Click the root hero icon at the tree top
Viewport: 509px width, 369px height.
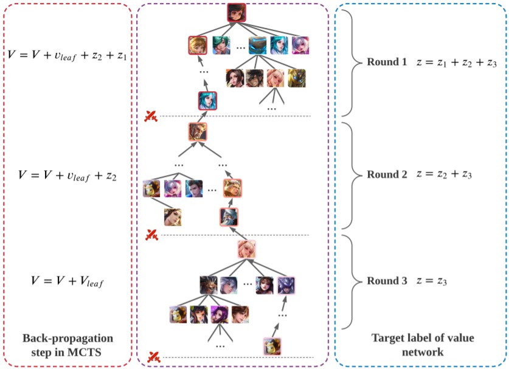pos(236,13)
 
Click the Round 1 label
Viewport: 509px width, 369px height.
pos(387,63)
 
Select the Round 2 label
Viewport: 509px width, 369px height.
pos(387,174)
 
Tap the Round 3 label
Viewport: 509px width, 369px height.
pos(387,281)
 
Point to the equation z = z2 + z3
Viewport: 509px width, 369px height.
pos(444,174)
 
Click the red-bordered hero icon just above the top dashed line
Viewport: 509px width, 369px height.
pos(208,100)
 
